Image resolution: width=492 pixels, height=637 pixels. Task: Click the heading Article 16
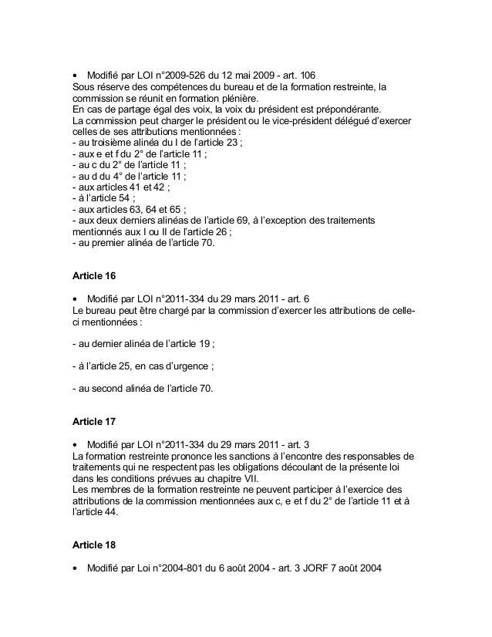92,275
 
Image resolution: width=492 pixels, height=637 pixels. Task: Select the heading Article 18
92,544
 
